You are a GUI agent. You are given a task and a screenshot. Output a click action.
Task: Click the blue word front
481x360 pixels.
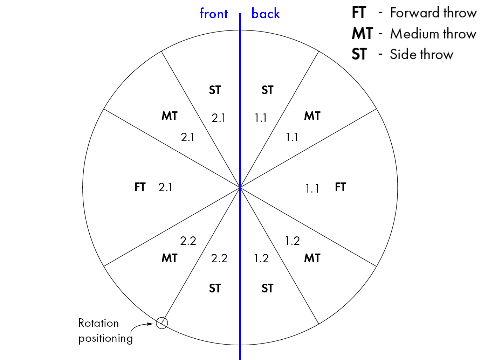point(214,13)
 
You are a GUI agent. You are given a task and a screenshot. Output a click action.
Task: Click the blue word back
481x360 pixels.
point(265,13)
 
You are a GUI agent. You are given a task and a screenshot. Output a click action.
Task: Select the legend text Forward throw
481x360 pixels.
point(433,13)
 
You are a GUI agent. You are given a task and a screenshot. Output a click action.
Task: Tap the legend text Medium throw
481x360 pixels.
point(433,34)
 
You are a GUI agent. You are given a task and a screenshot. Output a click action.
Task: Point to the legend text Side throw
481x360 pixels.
point(421,54)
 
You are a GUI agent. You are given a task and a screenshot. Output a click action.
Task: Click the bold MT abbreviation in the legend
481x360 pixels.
point(362,34)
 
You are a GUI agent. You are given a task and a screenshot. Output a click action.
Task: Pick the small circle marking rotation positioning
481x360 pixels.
point(162,323)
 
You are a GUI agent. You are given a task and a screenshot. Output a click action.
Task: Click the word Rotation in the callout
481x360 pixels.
point(98,323)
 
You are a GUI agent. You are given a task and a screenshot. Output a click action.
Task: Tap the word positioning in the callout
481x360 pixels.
point(105,339)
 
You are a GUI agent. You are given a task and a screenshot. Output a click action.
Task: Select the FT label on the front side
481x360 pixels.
point(140,187)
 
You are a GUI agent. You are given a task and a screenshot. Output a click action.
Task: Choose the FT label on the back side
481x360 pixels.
point(340,187)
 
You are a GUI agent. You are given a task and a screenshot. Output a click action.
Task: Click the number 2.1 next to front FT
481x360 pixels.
point(165,187)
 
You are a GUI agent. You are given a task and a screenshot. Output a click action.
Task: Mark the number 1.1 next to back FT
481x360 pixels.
point(312,188)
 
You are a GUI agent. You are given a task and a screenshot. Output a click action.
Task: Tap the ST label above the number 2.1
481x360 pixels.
point(215,90)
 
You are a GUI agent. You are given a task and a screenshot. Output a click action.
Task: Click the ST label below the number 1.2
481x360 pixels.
point(267,288)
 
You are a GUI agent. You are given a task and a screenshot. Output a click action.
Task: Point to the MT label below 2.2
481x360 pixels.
point(170,258)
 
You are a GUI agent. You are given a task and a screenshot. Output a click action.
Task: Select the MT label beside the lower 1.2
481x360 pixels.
point(312,258)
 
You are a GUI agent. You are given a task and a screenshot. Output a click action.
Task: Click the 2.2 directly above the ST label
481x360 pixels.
point(219,258)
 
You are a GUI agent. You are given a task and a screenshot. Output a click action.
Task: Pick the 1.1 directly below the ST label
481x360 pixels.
point(261,118)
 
